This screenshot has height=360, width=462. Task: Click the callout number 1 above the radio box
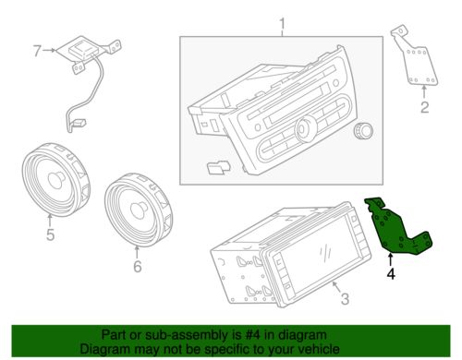click(x=282, y=27)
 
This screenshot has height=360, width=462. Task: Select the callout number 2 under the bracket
click(x=425, y=107)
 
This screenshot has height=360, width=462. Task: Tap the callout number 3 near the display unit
click(x=345, y=299)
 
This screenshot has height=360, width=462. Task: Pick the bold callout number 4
click(x=391, y=273)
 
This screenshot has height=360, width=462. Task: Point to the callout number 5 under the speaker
click(x=50, y=234)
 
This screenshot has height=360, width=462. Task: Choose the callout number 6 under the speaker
click(x=138, y=266)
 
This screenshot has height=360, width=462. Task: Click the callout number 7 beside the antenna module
click(x=37, y=51)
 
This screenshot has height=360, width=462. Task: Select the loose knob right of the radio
click(x=363, y=131)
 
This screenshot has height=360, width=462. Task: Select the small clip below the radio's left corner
click(x=218, y=167)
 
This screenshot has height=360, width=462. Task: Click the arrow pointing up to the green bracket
click(x=391, y=259)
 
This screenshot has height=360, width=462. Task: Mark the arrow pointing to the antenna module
click(x=49, y=50)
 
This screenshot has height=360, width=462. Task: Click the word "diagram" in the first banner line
click(x=302, y=335)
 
